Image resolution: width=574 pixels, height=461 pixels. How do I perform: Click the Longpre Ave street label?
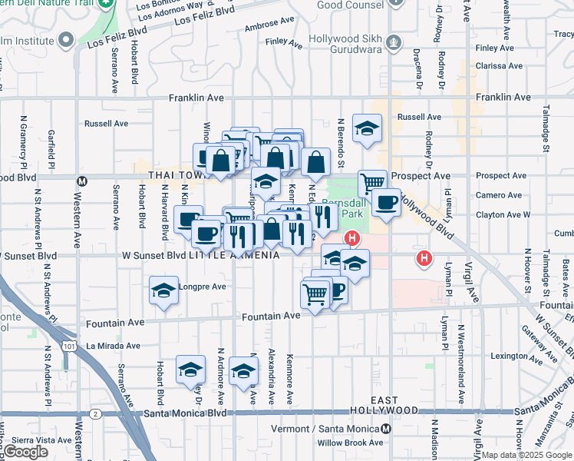pyautogui.click(x=203, y=287)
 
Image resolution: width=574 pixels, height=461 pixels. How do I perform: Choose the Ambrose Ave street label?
pyautogui.click(x=269, y=24)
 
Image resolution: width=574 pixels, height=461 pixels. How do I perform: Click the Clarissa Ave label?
pyautogui.click(x=500, y=66)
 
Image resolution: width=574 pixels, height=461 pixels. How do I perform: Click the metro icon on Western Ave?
pyautogui.click(x=83, y=181)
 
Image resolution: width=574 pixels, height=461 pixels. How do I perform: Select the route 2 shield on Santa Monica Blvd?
pyautogui.click(x=94, y=413)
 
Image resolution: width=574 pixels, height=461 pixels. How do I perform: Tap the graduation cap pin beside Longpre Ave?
pyautogui.click(x=163, y=291)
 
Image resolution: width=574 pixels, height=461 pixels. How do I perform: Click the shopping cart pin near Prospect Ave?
pyautogui.click(x=372, y=183)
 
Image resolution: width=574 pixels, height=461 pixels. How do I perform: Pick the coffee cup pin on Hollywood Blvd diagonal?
pyautogui.click(x=385, y=203)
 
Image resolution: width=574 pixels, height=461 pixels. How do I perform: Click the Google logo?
pyautogui.click(x=25, y=452)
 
